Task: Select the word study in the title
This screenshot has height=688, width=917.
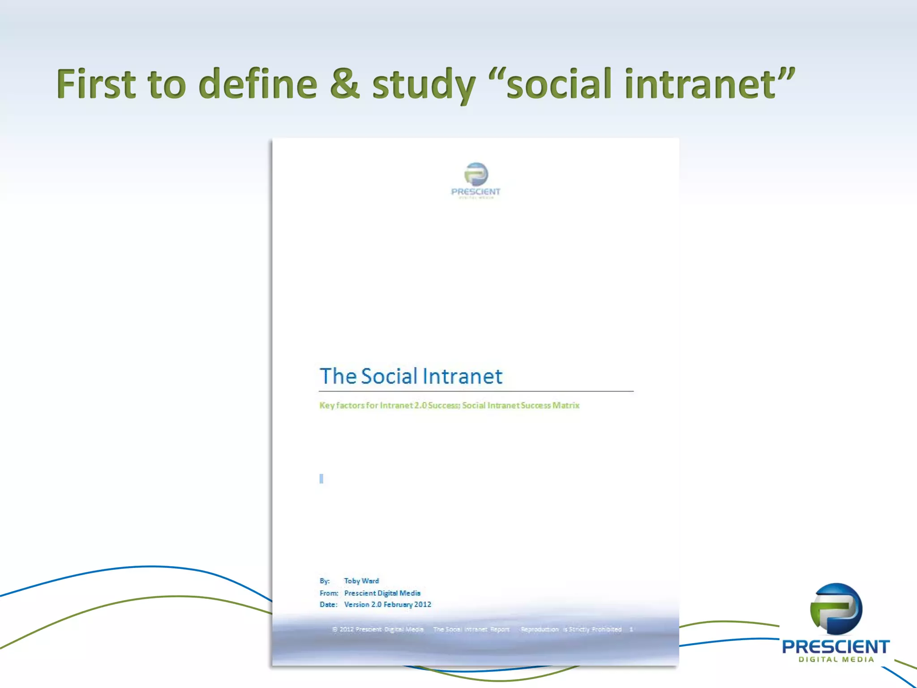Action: point(423,85)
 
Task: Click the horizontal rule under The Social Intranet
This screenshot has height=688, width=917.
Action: point(476,391)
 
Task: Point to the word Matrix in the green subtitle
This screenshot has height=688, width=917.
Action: point(566,405)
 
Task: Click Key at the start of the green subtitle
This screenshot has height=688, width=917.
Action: point(326,405)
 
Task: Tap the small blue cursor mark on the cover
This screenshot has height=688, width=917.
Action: point(321,478)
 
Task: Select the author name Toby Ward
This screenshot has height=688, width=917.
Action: point(361,581)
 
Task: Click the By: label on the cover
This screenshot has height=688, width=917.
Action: point(325,581)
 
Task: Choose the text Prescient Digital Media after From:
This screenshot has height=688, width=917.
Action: point(382,593)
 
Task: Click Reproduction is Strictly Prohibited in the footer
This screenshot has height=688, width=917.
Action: point(571,629)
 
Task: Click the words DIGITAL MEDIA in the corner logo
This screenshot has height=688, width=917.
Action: point(836,659)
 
